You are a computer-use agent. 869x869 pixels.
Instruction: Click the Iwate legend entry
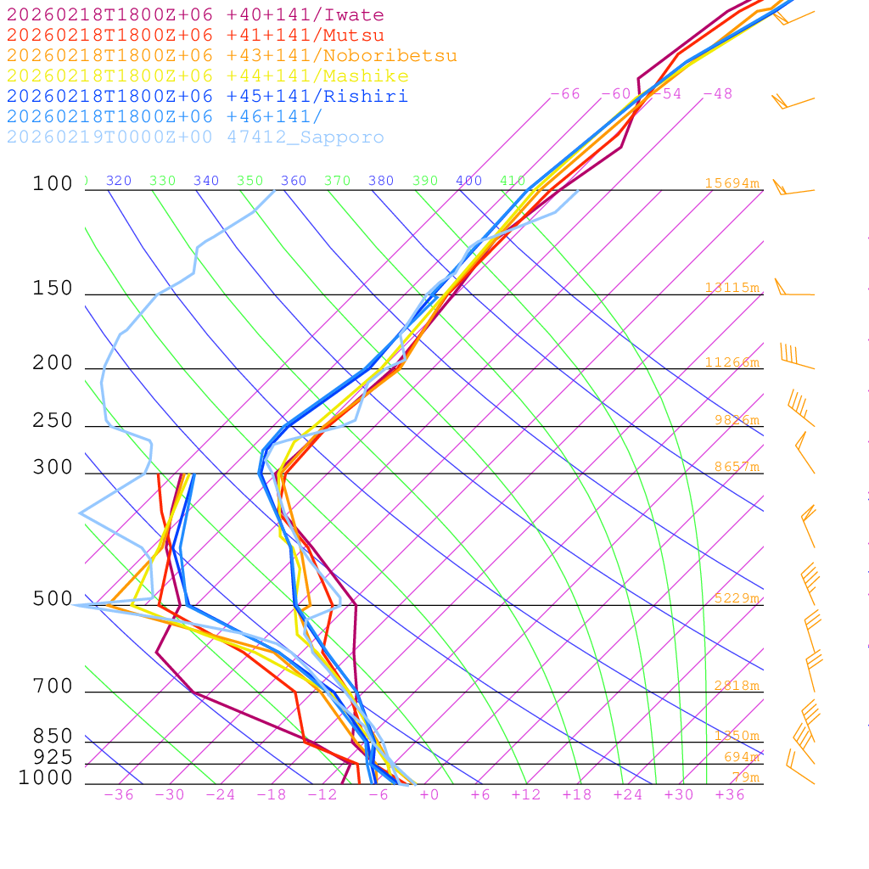coord(195,15)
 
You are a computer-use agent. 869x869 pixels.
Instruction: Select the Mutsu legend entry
coord(195,36)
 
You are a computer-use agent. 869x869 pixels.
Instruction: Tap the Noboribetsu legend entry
coord(232,56)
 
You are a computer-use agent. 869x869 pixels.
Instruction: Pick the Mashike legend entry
coord(207,76)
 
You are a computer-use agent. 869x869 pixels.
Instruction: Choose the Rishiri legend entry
coord(207,96)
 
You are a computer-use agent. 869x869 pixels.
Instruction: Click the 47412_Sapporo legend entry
coord(195,137)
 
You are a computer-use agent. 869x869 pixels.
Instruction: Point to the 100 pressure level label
coord(53,183)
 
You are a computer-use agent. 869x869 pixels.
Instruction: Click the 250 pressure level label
coord(53,421)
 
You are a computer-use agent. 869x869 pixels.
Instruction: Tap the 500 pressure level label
coord(53,599)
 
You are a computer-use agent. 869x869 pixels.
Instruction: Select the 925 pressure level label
coord(53,757)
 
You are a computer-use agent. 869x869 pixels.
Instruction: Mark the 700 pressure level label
coord(53,687)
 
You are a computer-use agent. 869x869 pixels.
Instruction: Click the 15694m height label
coord(732,183)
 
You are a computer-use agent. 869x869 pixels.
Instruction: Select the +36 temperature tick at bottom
coord(730,795)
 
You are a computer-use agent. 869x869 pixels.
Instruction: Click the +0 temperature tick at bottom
coord(429,795)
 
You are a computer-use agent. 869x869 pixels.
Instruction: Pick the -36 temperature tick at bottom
coord(119,795)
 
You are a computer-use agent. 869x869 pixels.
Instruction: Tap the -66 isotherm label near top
coord(565,94)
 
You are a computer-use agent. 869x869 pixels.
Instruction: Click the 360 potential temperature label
coord(294,181)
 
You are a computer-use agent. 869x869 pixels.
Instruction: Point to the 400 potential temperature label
coord(468,181)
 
